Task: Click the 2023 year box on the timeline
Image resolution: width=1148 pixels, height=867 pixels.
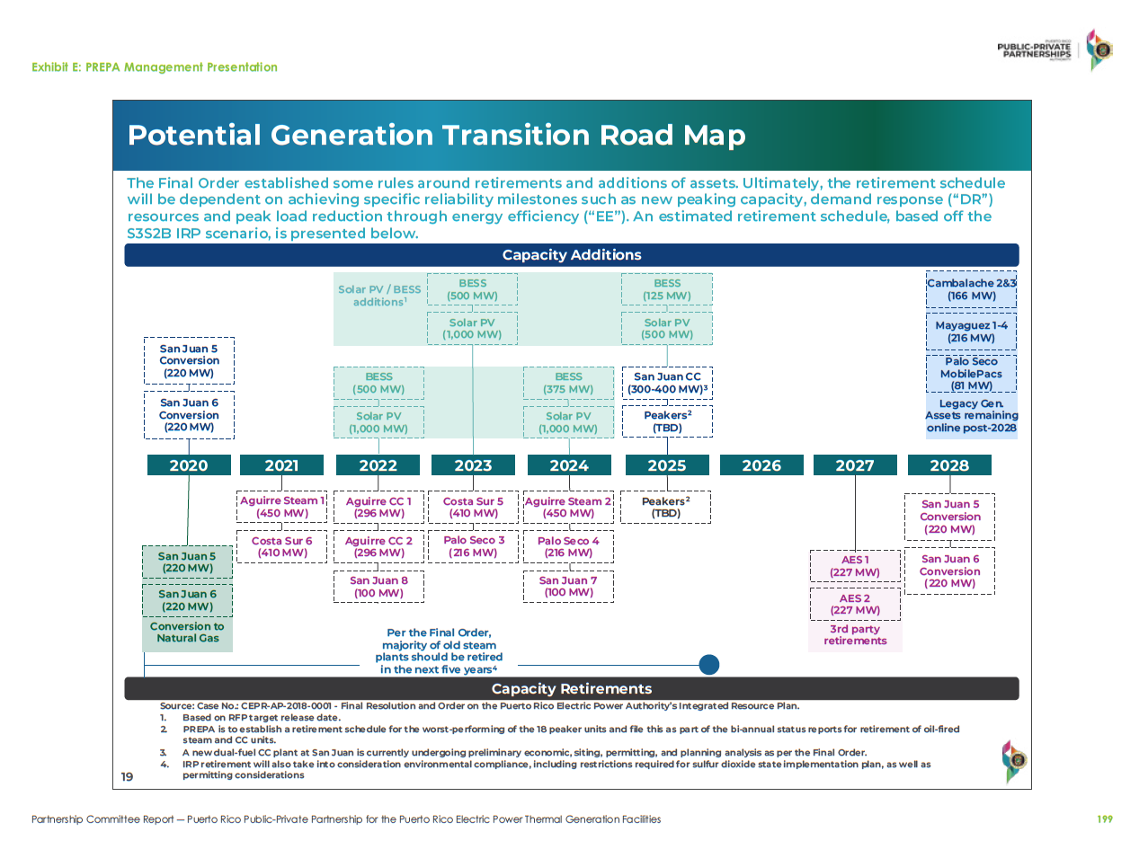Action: click(473, 465)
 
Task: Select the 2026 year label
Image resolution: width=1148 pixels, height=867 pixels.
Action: click(761, 465)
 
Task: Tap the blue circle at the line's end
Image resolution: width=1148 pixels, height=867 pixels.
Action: click(709, 665)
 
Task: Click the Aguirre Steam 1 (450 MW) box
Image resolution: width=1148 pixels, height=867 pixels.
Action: click(282, 507)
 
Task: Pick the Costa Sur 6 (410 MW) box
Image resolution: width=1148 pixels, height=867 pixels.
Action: click(282, 546)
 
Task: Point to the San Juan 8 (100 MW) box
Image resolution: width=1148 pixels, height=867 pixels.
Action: click(378, 587)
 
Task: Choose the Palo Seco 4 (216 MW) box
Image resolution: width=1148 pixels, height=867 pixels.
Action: click(568, 546)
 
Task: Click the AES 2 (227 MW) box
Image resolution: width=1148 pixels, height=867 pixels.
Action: click(855, 604)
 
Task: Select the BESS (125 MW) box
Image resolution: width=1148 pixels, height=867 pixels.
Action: click(667, 289)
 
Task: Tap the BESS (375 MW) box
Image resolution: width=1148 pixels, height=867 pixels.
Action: click(568, 383)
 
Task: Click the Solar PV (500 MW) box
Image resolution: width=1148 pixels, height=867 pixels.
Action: click(667, 329)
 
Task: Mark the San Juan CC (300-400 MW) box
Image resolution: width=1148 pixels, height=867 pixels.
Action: click(667, 383)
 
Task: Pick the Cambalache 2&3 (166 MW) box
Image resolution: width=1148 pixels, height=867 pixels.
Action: click(971, 289)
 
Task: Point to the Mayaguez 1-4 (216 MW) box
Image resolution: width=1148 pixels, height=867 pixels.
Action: click(971, 332)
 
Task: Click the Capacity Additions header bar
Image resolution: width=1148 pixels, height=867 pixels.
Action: click(572, 255)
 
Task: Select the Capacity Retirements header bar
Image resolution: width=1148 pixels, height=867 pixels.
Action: click(572, 689)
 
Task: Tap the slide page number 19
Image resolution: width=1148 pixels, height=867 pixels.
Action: click(127, 777)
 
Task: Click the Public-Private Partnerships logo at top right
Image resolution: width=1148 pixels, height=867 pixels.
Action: click(1054, 50)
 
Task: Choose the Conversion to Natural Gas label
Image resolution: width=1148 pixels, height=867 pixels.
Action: click(187, 633)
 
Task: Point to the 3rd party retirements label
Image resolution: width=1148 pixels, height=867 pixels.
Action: click(855, 635)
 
